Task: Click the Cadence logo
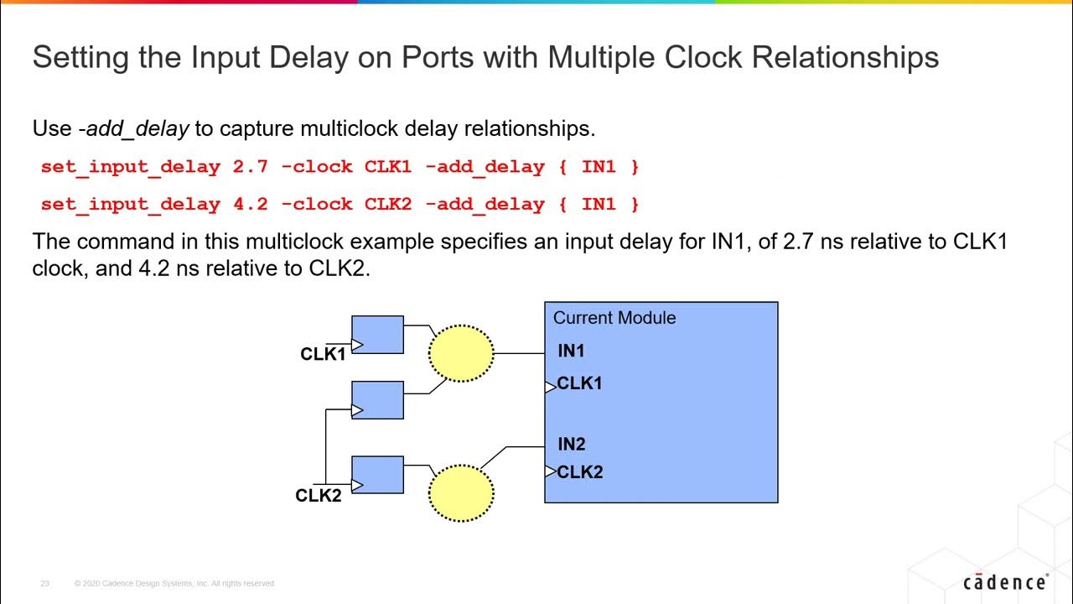tap(1005, 581)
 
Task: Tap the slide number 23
tap(45, 583)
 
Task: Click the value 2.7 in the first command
tap(250, 167)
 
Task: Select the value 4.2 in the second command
tap(250, 204)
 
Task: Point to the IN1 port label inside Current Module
tap(571, 351)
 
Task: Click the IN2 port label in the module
tap(572, 445)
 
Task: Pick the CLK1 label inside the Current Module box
tap(579, 383)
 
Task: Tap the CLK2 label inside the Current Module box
tap(579, 472)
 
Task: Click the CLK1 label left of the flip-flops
tap(323, 354)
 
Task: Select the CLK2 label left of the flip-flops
tap(319, 496)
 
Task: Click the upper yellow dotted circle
tap(461, 353)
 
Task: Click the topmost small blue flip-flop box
tap(378, 335)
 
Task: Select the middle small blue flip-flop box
tap(378, 400)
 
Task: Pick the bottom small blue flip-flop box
tap(378, 475)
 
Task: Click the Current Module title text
tap(614, 318)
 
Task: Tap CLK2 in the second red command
tap(388, 204)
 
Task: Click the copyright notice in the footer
tap(174, 583)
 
